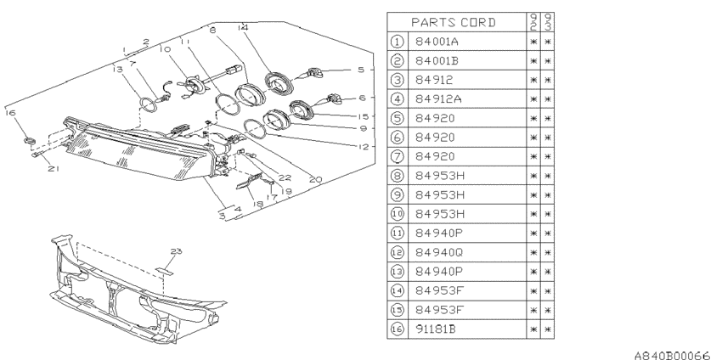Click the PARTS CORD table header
click(453, 22)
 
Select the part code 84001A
click(437, 42)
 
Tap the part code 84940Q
click(439, 252)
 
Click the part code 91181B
click(436, 329)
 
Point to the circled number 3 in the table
click(397, 80)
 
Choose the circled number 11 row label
click(397, 233)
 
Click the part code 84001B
click(437, 61)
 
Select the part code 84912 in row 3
click(434, 80)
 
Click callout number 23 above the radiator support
click(176, 250)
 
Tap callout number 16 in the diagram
click(10, 113)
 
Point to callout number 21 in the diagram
click(54, 168)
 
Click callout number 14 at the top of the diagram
click(243, 28)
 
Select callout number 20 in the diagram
click(315, 179)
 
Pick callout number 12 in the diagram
click(364, 147)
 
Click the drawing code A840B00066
click(673, 355)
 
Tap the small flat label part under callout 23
click(165, 271)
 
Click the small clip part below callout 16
click(30, 140)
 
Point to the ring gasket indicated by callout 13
click(147, 105)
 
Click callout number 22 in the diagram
click(285, 177)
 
